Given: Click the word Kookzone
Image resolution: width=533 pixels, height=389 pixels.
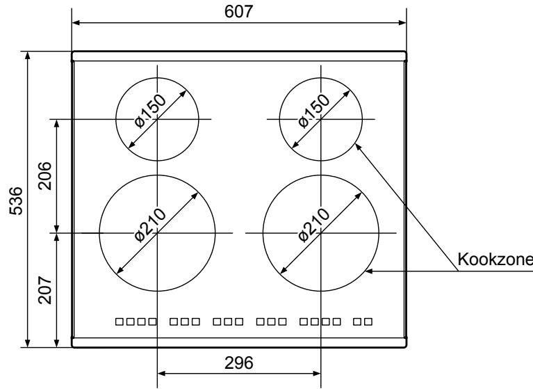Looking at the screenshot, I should [494, 260].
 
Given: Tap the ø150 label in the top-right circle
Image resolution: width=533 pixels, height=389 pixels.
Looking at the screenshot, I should [315, 112].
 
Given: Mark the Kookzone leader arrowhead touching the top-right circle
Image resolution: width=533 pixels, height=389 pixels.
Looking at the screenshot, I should [357, 145].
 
